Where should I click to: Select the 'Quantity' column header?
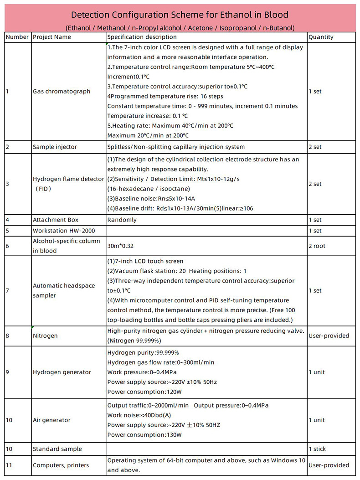point(321,37)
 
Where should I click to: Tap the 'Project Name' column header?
point(52,37)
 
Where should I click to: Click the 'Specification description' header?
point(142,37)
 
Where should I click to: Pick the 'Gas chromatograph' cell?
point(62,91)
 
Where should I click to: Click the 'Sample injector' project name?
point(55,147)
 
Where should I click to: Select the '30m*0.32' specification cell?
point(120,246)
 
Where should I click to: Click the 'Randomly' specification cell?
point(122,220)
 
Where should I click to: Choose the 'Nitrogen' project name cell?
point(45,336)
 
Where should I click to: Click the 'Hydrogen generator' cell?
point(62,372)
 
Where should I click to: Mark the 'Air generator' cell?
point(52,420)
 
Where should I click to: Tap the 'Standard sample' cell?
point(57,449)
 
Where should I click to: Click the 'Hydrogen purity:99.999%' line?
point(143,352)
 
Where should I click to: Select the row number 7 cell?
point(8,290)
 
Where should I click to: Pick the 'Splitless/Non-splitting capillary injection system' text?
point(176,147)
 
